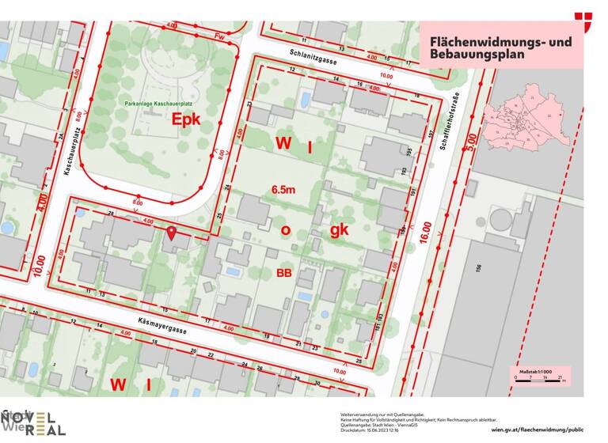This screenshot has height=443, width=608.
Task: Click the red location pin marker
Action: [x=172, y=233]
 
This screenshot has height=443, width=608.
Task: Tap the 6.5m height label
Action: [x=284, y=190]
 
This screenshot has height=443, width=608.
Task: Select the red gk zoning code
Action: [x=340, y=229]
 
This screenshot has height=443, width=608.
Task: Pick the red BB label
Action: [x=283, y=273]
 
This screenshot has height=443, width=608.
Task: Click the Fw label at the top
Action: [x=220, y=36]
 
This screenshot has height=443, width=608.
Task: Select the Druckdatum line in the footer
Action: [x=370, y=431]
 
